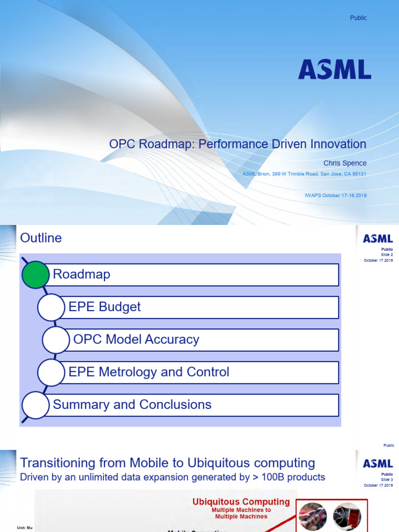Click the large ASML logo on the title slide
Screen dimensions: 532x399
point(335,70)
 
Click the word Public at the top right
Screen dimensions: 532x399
point(358,18)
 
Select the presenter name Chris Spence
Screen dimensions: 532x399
point(345,163)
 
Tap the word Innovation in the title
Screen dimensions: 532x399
point(338,144)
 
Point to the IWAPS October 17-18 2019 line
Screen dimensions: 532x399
point(336,195)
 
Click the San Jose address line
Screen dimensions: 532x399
point(304,174)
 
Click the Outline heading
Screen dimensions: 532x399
point(41,238)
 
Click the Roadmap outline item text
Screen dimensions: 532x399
point(82,274)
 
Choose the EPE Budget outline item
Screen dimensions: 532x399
point(104,307)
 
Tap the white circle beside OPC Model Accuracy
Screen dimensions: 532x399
point(56,340)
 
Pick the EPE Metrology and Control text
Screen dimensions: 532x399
point(149,372)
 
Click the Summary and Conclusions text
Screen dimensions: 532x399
point(132,405)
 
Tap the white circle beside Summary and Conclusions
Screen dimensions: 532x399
point(35,405)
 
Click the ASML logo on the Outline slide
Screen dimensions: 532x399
point(378,239)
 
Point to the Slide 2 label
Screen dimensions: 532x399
point(387,255)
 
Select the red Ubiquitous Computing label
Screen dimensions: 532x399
point(241,502)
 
